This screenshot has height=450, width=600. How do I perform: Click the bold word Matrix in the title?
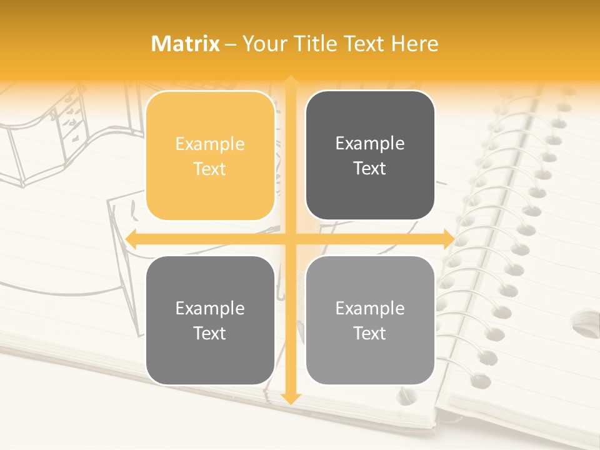point(186,44)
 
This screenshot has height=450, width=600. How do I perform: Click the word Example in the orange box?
point(210,144)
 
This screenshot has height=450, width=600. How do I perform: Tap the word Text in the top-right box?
point(370,168)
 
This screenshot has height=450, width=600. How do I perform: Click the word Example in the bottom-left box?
point(210,309)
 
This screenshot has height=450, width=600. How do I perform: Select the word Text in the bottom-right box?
point(370,333)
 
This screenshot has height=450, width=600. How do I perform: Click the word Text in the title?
point(362,44)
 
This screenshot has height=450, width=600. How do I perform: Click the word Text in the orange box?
point(210,169)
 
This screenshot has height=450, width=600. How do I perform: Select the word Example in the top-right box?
point(370,144)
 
